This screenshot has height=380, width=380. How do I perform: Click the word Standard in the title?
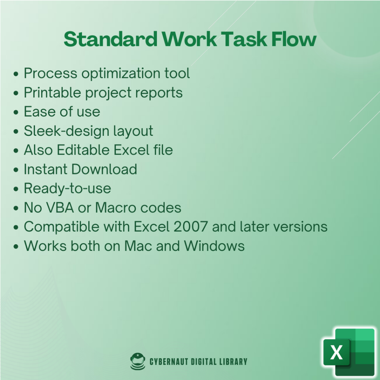111,39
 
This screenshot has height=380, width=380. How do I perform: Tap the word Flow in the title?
294,39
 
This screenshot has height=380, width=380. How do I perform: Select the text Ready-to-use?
68,188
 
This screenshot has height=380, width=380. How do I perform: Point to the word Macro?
115,208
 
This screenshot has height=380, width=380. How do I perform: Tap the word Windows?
214,246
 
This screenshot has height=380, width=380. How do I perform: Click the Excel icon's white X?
336,352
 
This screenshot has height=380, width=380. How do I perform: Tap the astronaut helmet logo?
138,361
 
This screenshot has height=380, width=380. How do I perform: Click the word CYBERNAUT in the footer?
169,361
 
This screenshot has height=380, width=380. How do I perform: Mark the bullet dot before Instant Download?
16,170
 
